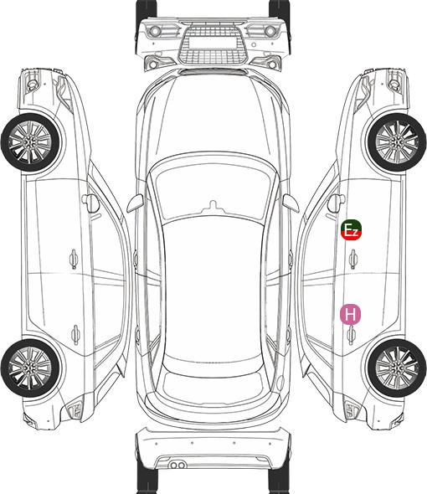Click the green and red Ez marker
(351, 229)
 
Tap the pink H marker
(350, 314)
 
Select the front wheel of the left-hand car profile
(31, 142)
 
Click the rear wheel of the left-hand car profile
(31, 368)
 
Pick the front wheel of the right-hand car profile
(397, 142)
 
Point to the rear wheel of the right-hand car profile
(397, 368)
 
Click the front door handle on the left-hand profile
(74, 259)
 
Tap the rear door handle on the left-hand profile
(75, 334)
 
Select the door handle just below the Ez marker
(352, 259)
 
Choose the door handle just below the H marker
(352, 335)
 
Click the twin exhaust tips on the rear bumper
(177, 465)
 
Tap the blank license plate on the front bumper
(213, 43)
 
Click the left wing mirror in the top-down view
(136, 203)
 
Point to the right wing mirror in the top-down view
(291, 203)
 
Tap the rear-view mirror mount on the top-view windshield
(213, 206)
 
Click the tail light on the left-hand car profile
(75, 409)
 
